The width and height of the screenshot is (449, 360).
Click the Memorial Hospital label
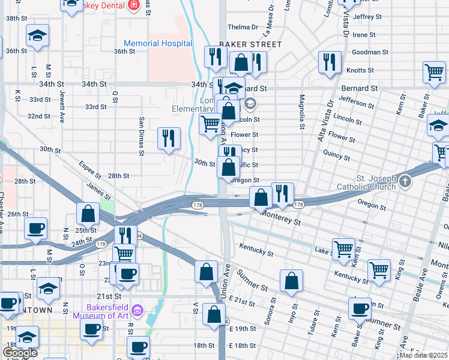(158, 43)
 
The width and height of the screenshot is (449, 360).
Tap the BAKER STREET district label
(250, 44)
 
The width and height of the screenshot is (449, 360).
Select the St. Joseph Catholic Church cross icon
(406, 181)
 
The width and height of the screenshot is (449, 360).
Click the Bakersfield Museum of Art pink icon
(137, 310)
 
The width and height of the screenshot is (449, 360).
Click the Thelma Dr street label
(243, 27)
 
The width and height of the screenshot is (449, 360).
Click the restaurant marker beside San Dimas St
(169, 138)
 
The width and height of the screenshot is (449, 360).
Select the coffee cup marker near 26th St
(35, 229)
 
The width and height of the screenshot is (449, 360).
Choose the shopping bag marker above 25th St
(88, 214)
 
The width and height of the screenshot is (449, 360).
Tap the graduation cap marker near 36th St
(37, 36)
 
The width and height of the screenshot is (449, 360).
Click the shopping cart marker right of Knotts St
(433, 72)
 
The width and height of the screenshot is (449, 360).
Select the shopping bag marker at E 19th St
(214, 314)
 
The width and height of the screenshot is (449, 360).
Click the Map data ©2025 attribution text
(424, 355)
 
